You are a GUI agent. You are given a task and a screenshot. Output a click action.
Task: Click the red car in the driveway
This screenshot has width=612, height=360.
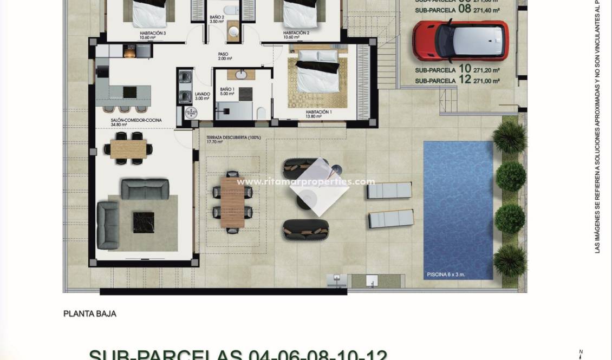460,40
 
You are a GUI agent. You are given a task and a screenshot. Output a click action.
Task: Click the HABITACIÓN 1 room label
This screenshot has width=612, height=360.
318,112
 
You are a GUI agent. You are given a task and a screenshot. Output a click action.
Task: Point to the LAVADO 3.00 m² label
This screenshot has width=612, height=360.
202,96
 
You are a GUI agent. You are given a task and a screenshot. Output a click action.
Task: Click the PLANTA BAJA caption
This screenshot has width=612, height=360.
90,313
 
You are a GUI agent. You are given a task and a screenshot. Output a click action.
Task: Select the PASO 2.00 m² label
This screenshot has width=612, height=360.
224,56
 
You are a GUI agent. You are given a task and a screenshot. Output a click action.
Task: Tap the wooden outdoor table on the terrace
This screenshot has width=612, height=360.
233,202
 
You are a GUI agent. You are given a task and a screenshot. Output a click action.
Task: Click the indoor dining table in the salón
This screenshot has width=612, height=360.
128,148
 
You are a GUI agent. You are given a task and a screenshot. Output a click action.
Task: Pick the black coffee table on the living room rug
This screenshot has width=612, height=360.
144,222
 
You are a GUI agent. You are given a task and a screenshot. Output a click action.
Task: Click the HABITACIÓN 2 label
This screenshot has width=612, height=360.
296,33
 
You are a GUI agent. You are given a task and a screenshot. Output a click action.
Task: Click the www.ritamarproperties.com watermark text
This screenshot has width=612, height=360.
306,182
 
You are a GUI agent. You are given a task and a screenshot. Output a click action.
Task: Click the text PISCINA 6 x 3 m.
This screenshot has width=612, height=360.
445,274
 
